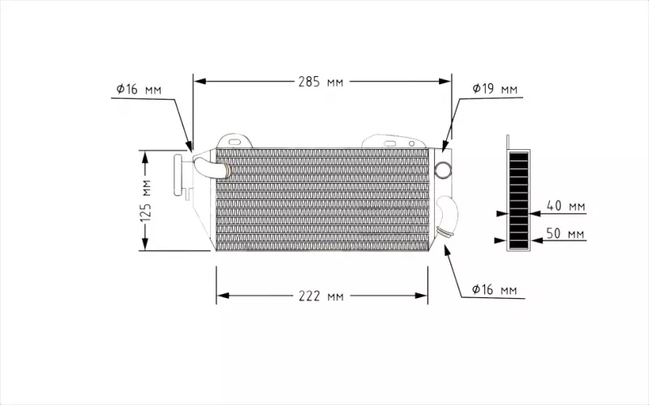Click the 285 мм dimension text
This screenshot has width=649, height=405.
(322, 82)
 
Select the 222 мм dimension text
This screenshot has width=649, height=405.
(321, 296)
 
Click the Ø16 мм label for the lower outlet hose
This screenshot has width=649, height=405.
(494, 290)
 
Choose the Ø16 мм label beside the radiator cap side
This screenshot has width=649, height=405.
(138, 89)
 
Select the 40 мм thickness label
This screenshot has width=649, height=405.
(565, 206)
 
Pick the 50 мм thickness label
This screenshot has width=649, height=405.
(565, 234)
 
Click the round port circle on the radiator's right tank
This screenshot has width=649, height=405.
(444, 169)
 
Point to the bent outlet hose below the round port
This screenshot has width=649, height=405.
(449, 215)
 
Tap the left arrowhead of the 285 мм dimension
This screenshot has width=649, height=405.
(200, 82)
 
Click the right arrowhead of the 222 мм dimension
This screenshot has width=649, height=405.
(422, 296)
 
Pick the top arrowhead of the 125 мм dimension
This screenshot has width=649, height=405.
(146, 156)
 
